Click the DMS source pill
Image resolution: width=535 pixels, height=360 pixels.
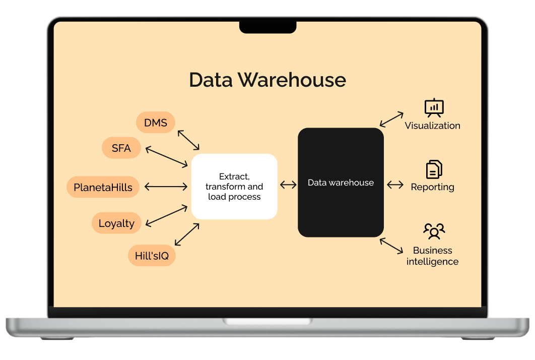[156, 123]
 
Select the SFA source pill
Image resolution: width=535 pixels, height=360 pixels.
[121, 148]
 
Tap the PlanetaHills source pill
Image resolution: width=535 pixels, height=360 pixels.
[103, 188]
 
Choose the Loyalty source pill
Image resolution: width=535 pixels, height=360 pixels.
[116, 223]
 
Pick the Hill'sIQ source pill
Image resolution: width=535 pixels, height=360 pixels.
[152, 256]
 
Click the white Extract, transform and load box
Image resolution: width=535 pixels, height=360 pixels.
[234, 187]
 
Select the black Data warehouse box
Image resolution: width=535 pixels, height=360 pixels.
[341, 183]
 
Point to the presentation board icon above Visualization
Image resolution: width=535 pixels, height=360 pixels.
[434, 108]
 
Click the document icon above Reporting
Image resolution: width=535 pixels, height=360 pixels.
[434, 170]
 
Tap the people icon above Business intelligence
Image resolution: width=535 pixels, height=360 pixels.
[434, 231]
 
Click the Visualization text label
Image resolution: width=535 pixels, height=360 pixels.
[432, 126]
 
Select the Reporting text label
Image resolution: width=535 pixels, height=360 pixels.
[432, 187]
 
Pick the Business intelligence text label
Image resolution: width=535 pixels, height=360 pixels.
[432, 256]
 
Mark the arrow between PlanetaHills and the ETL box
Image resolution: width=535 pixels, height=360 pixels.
[166, 187]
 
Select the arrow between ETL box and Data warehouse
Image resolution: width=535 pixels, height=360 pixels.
[288, 185]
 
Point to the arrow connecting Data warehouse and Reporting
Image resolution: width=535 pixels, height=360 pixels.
[395, 185]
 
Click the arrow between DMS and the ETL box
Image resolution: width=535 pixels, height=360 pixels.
[188, 140]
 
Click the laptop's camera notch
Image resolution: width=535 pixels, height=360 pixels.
[267, 27]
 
